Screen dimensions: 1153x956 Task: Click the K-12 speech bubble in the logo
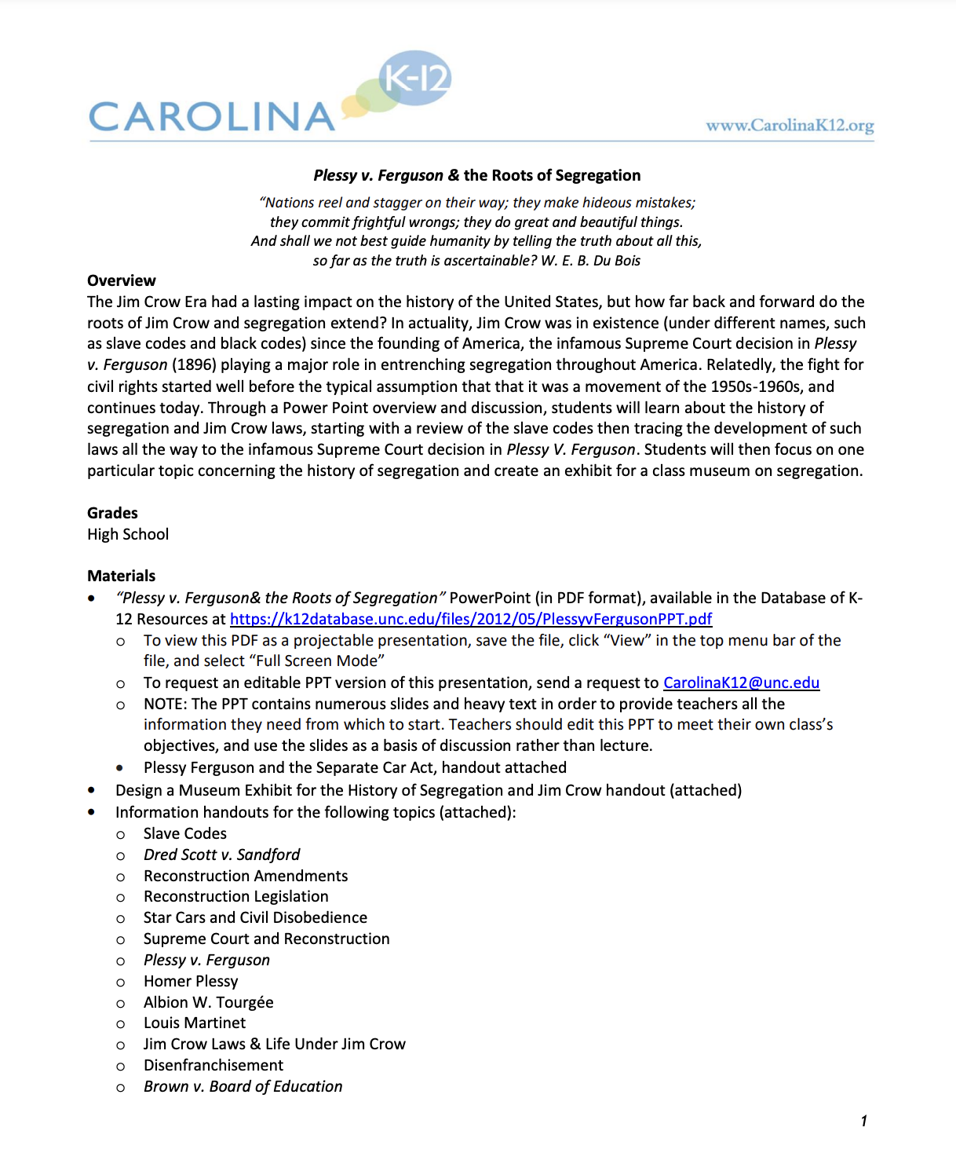pyautogui.click(x=416, y=78)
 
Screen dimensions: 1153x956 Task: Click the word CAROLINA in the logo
pyautogui.click(x=212, y=117)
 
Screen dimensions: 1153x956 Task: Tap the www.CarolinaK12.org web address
pyautogui.click(x=789, y=125)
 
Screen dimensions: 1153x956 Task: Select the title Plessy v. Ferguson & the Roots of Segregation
pyautogui.click(x=476, y=175)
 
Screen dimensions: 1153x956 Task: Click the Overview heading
pyautogui.click(x=121, y=280)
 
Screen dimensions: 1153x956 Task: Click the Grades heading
pyautogui.click(x=112, y=513)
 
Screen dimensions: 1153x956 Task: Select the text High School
pyautogui.click(x=128, y=534)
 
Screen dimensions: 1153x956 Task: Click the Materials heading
pyautogui.click(x=121, y=576)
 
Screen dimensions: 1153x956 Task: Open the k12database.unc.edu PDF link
pyautogui.click(x=471, y=619)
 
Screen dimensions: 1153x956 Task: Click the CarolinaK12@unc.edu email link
pyautogui.click(x=741, y=683)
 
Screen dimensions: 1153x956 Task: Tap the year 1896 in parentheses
pyautogui.click(x=193, y=365)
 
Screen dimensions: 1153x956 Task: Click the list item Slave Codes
pyautogui.click(x=184, y=833)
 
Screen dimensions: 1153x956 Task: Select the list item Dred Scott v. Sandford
pyautogui.click(x=221, y=855)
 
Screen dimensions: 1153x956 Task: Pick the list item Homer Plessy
pyautogui.click(x=191, y=981)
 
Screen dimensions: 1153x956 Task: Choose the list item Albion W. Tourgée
pyautogui.click(x=208, y=1002)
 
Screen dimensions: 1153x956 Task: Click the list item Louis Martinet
pyautogui.click(x=195, y=1023)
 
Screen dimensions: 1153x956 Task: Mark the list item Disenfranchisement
pyautogui.click(x=213, y=1065)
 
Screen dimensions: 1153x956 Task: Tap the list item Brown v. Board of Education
pyautogui.click(x=243, y=1086)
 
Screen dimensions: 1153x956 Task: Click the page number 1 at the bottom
pyautogui.click(x=863, y=1121)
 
